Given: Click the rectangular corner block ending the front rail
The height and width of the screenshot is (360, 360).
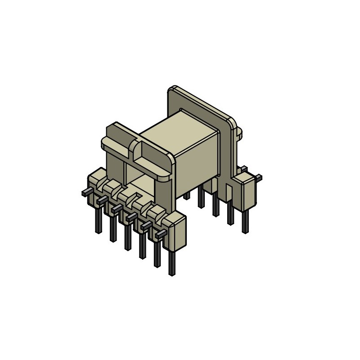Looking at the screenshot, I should click(x=177, y=232).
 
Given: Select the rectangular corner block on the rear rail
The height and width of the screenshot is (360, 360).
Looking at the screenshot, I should click(x=246, y=191).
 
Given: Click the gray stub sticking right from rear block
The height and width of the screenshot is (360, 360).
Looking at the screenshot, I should click(x=258, y=177).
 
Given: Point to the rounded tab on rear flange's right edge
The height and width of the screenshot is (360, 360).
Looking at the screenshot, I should click(x=239, y=131).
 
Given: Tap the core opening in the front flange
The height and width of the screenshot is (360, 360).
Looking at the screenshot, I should click(x=135, y=173).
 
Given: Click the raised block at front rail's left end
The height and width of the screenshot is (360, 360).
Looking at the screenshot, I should click(x=96, y=178).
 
